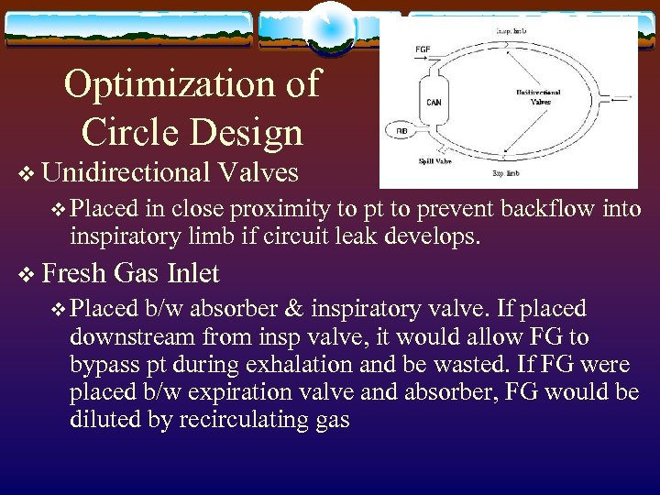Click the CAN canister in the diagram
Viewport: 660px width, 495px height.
pos(434,103)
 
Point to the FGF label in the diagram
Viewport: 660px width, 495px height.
pos(423,49)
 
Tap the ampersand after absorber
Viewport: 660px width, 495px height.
pos(303,310)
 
